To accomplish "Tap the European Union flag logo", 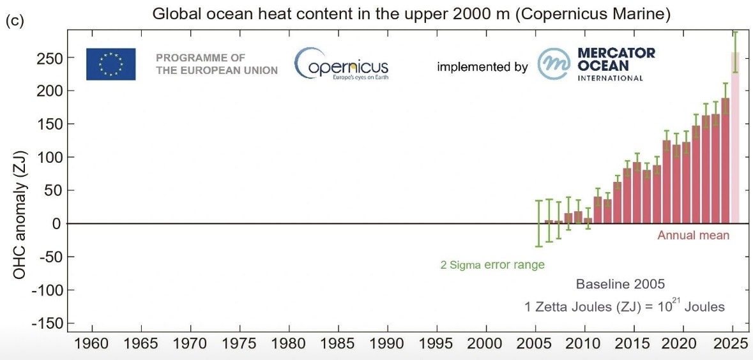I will click(110, 64).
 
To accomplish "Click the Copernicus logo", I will click(341, 64).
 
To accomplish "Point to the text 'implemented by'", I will click(482, 66).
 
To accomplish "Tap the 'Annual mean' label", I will click(693, 236).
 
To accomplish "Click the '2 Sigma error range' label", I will click(492, 264).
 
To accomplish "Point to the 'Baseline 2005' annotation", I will click(621, 283).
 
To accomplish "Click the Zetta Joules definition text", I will click(624, 306).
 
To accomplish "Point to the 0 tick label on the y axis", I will click(57, 223).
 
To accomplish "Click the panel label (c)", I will click(14, 20).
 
